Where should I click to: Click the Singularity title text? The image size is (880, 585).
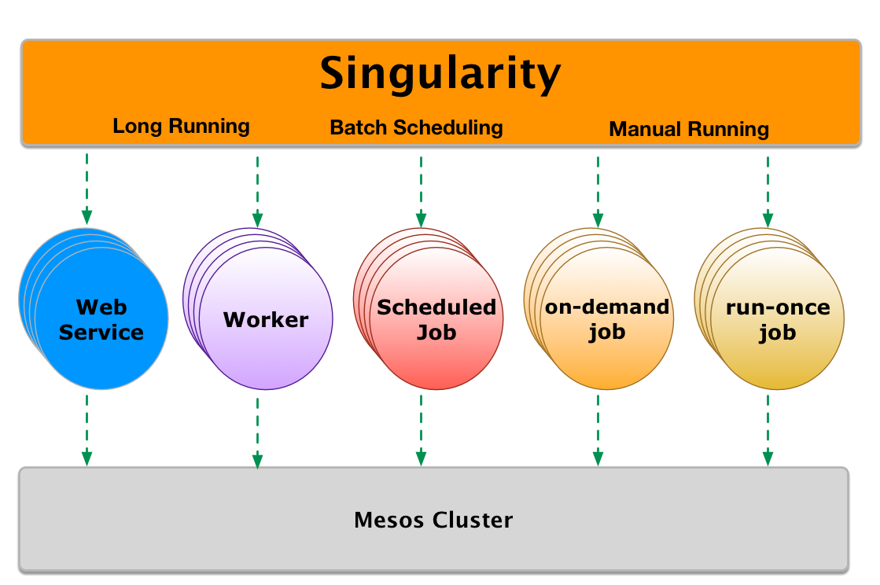tap(440, 74)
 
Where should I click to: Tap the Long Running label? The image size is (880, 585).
tap(181, 126)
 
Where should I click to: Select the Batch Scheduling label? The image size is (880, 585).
tap(416, 127)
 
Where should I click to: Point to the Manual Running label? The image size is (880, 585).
tap(689, 129)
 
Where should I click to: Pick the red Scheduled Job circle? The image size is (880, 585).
tap(436, 319)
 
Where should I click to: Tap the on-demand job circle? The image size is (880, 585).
tap(607, 319)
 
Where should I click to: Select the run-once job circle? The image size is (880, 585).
tap(777, 320)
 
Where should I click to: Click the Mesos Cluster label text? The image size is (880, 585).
tap(433, 520)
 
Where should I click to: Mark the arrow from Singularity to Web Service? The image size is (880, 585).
tap(87, 189)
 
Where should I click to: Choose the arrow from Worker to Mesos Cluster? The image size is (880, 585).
tap(257, 432)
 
